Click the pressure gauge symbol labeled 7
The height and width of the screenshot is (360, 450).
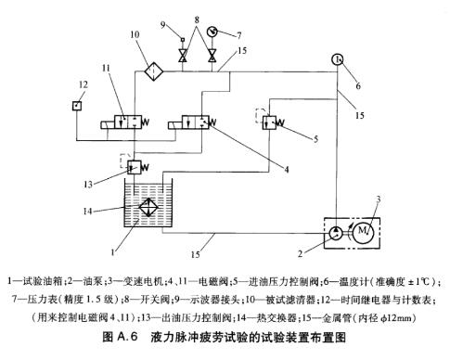click(x=212, y=32)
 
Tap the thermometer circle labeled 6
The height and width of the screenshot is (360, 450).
click(x=338, y=59)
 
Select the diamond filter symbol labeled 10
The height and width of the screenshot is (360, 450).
click(x=154, y=71)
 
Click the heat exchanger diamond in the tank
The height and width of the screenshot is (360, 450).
click(x=148, y=207)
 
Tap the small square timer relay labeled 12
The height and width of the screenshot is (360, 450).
click(x=77, y=106)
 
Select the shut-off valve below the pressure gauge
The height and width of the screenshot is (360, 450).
click(x=212, y=56)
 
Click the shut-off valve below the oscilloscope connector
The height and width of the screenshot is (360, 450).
click(x=183, y=56)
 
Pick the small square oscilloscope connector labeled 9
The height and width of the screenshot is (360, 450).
click(x=183, y=40)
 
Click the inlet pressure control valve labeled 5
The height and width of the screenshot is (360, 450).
click(x=269, y=122)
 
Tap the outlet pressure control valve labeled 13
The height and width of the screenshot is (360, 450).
click(x=135, y=167)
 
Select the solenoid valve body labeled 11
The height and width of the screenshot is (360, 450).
click(x=128, y=122)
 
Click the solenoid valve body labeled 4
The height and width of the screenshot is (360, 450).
click(x=196, y=122)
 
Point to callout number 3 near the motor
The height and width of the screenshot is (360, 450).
click(x=378, y=199)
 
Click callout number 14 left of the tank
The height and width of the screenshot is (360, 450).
click(x=88, y=212)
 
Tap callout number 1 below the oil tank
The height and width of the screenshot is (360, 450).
click(x=113, y=252)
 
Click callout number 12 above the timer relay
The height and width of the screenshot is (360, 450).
click(x=83, y=84)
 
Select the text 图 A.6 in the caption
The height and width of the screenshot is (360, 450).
click(x=120, y=337)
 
